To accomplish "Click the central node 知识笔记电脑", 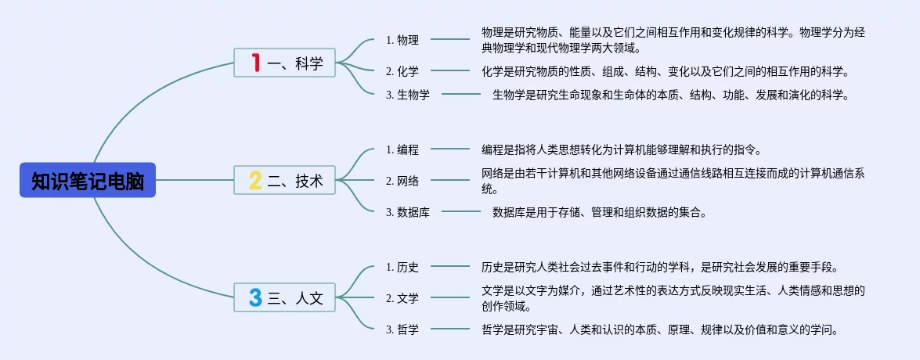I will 88,180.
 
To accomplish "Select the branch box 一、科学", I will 285,63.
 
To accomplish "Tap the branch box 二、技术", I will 285,180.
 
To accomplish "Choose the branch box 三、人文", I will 285,297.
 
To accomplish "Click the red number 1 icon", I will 255,63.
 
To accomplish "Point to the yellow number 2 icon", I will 255,181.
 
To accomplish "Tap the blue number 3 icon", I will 255,297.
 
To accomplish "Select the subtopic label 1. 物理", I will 402,40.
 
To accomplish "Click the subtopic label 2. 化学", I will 402,71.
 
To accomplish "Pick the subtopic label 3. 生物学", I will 408,95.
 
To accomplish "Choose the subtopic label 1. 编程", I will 402,149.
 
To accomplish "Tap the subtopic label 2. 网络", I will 402,181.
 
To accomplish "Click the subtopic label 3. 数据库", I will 408,211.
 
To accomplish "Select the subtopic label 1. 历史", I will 402,267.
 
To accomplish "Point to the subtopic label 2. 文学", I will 402,297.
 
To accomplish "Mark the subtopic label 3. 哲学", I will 402,329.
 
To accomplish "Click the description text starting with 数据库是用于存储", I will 599,211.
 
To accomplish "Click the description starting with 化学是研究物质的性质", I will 665,71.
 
